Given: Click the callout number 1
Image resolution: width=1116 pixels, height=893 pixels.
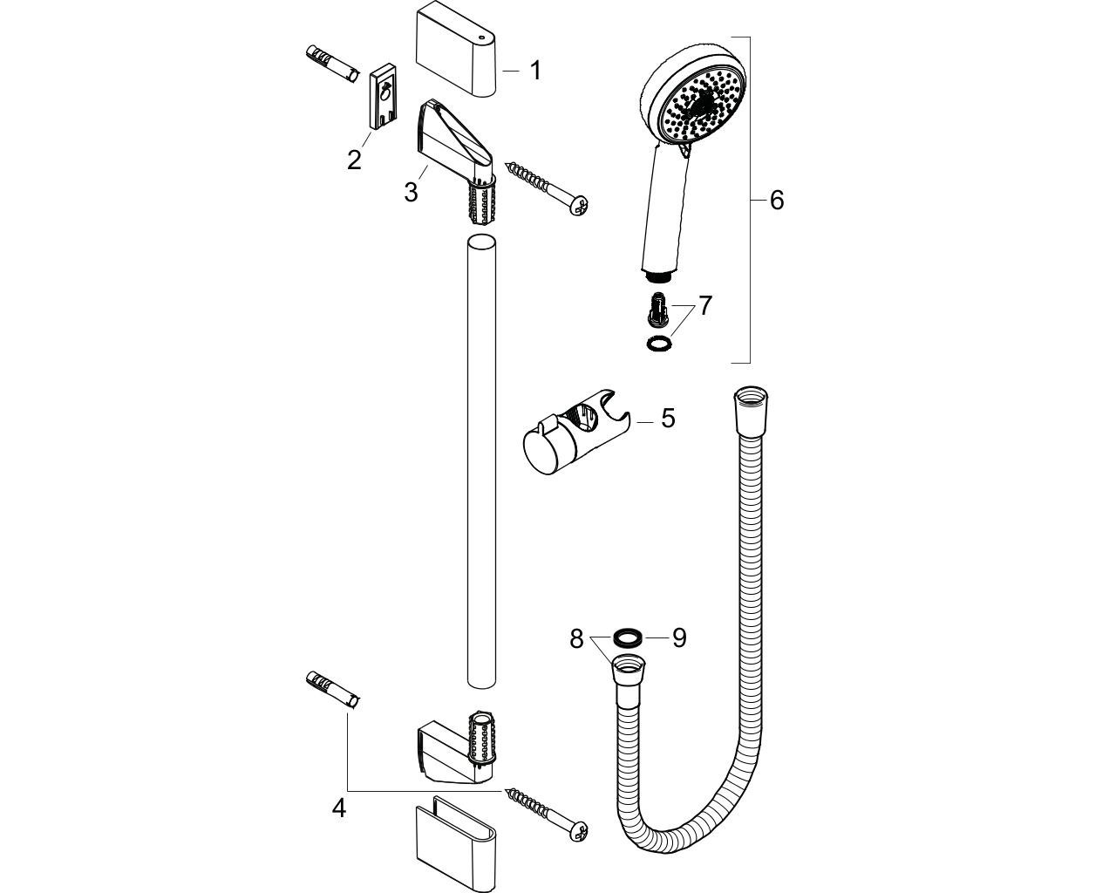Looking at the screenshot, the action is (535, 70).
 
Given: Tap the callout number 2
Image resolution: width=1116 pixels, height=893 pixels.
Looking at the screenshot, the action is (354, 160).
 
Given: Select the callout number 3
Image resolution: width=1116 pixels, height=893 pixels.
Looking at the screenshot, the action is (411, 192).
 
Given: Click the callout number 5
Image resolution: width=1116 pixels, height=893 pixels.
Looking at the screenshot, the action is (668, 418).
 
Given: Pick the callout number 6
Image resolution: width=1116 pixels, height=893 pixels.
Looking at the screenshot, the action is (776, 200).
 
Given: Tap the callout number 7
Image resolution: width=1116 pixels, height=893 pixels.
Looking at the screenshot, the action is (705, 305).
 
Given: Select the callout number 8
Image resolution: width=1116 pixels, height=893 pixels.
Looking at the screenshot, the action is (576, 638).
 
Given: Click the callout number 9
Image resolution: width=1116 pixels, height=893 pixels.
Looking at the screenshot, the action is (679, 637).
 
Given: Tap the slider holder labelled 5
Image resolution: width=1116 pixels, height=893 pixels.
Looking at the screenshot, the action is (575, 432).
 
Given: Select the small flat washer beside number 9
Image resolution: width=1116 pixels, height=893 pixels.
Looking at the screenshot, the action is (628, 637).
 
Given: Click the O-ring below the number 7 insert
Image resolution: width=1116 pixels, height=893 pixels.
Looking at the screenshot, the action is (658, 343).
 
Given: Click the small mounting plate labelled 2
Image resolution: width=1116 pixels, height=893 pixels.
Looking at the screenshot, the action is (383, 96).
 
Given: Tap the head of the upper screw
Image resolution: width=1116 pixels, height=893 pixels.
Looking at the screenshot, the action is (579, 207).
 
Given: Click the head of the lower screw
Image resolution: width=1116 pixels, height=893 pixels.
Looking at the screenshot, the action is (578, 831).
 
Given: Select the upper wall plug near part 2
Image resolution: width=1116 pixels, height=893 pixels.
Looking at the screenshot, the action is (332, 64).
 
